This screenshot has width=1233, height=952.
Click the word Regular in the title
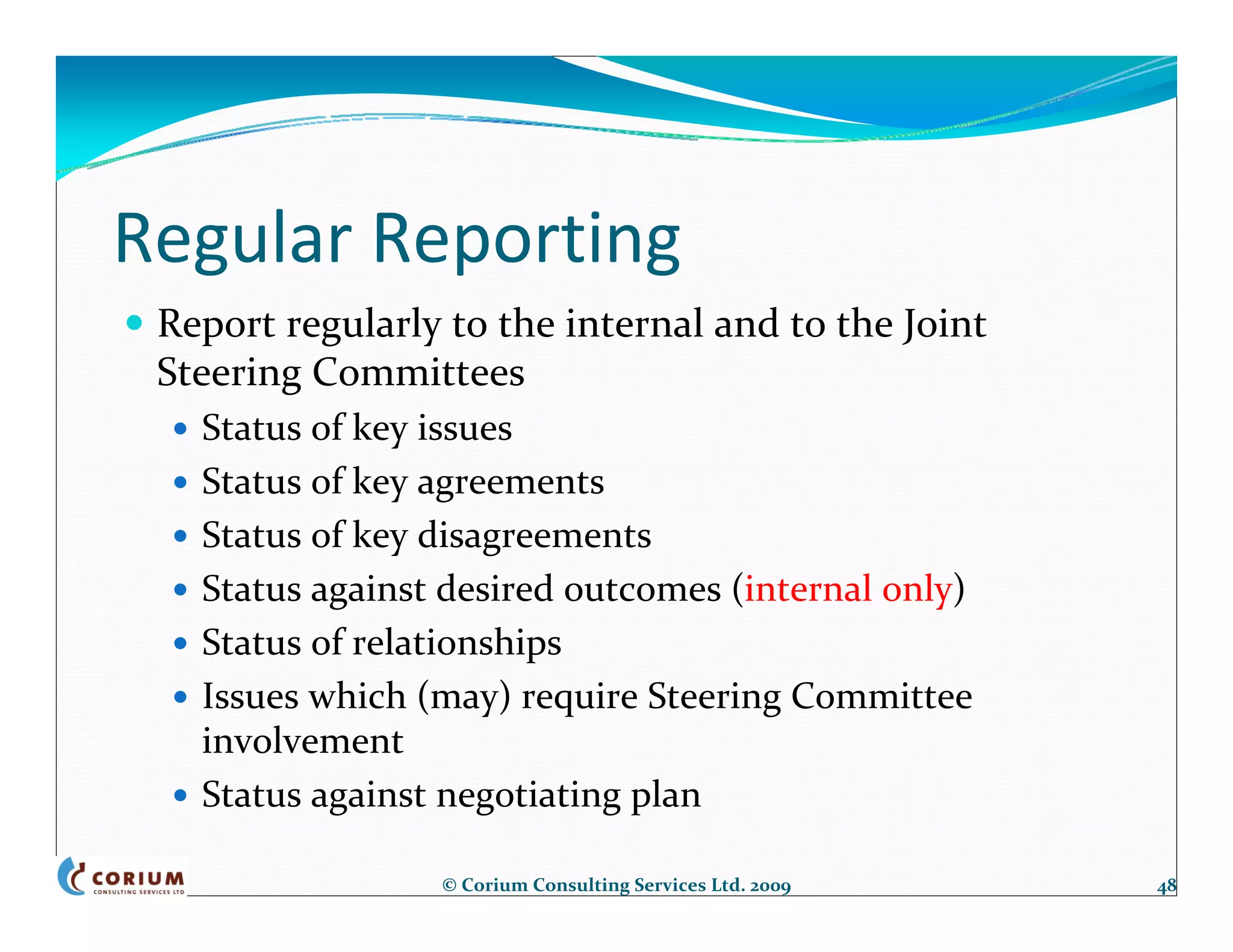[233, 239]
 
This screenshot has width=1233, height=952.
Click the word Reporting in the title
[527, 239]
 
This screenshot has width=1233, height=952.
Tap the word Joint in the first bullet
[944, 325]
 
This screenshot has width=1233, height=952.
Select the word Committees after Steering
[418, 372]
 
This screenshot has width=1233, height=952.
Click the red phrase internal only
[848, 589]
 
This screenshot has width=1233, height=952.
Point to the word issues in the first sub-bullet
[464, 428]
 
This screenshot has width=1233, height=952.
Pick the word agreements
[510, 483]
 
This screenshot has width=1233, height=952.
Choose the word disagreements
[534, 536]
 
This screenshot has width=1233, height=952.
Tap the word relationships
[456, 642]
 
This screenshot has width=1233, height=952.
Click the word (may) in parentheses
[464, 697]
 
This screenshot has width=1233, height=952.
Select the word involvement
[302, 741]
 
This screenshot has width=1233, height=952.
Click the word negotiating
[528, 795]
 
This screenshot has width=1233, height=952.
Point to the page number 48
[1166, 886]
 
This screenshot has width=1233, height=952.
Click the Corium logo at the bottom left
[122, 877]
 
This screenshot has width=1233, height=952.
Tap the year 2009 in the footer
[770, 886]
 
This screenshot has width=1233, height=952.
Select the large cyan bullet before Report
[135, 323]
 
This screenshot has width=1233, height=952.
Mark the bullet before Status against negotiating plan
[180, 796]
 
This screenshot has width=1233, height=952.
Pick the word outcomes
[642, 589]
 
